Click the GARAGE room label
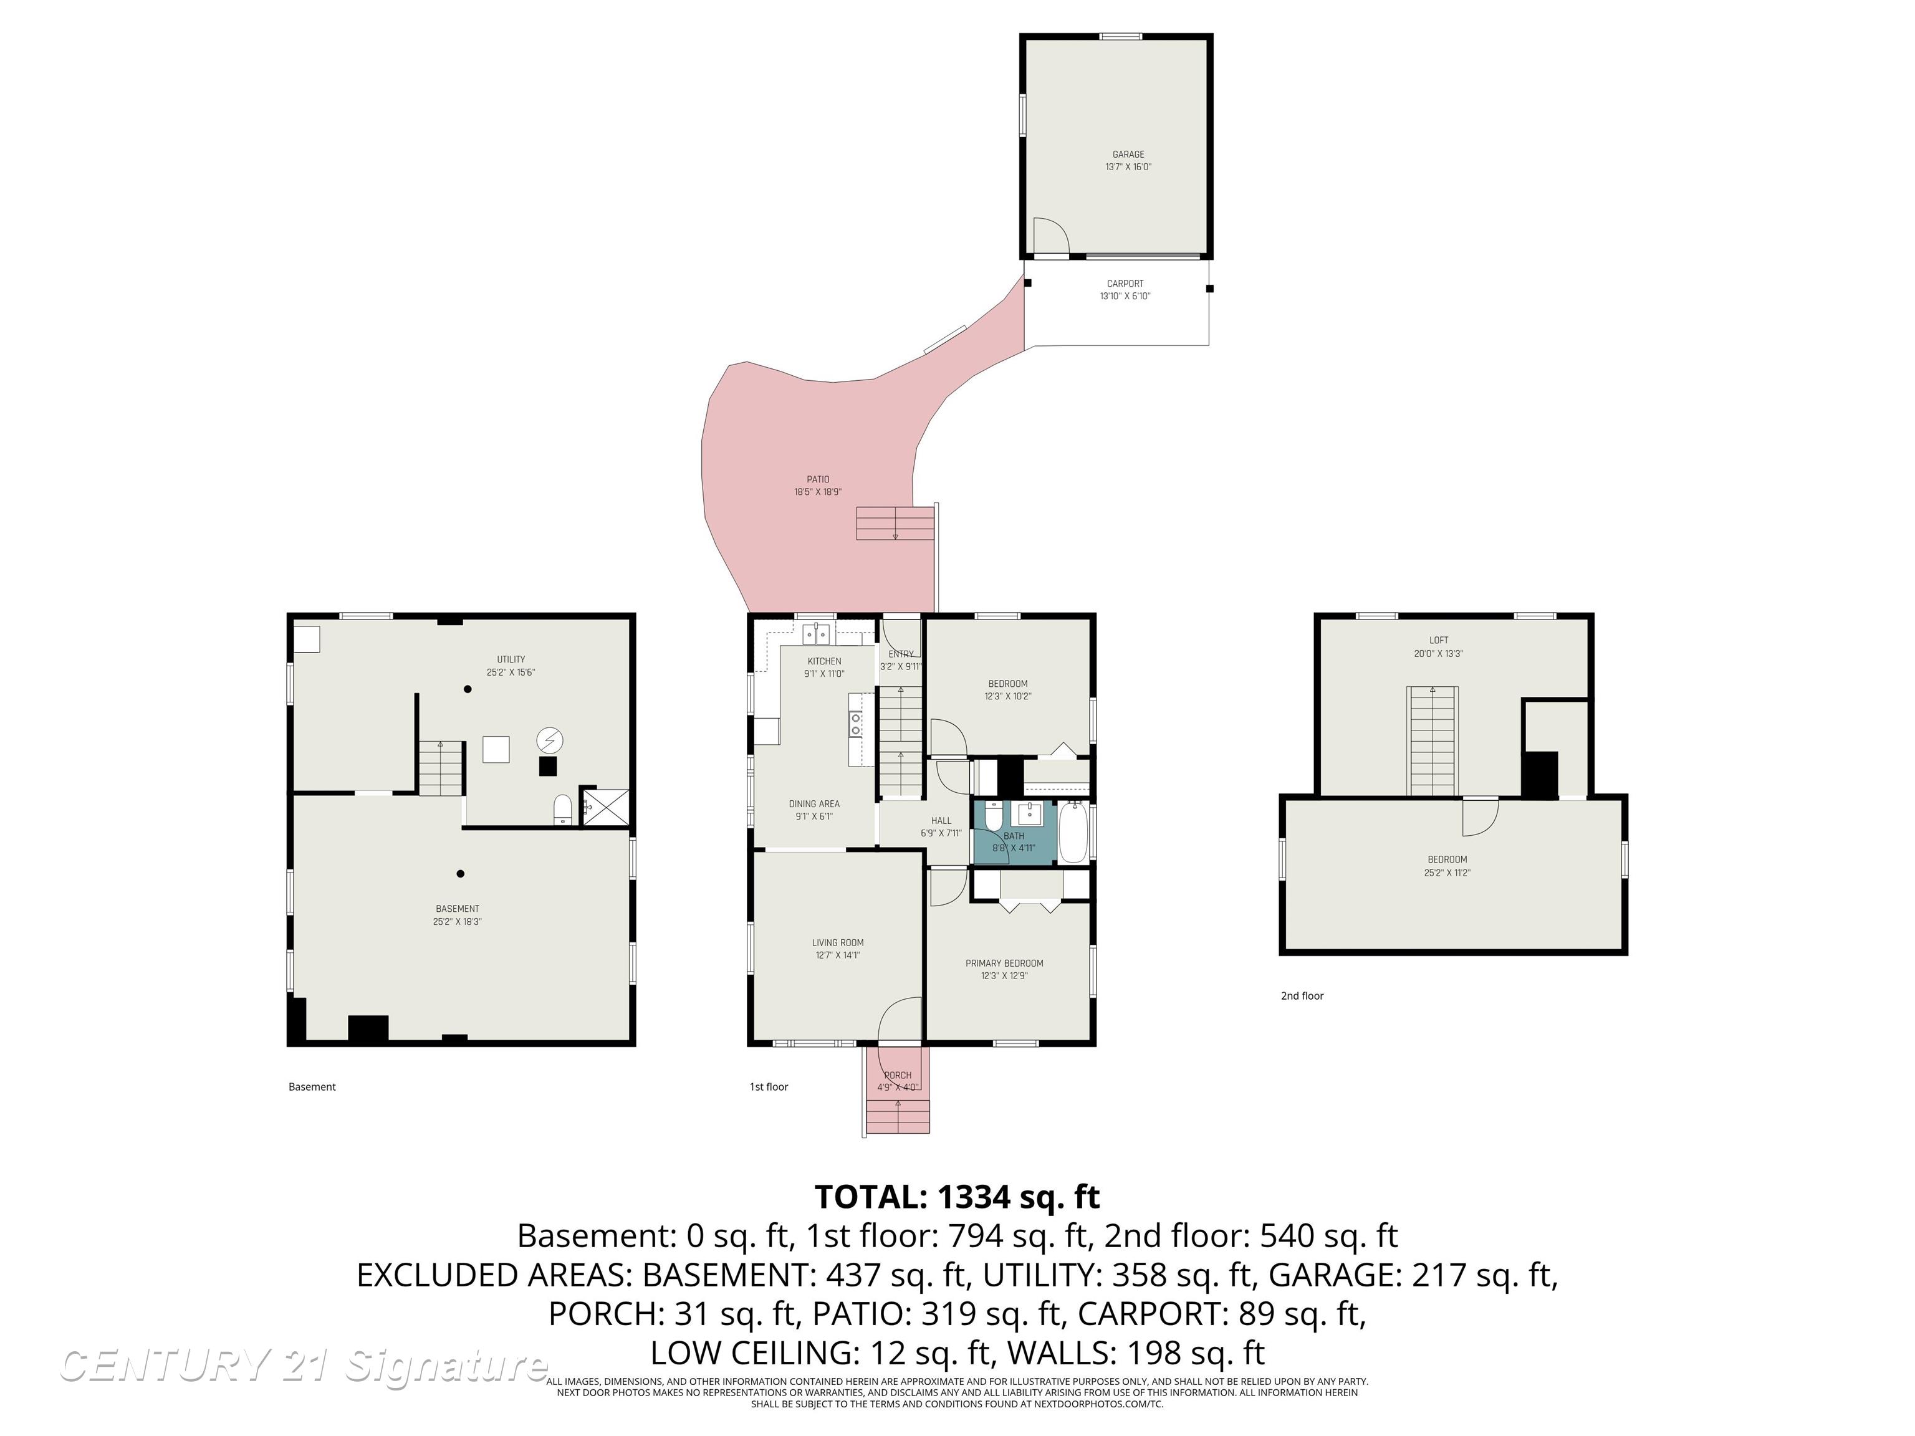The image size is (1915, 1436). [1128, 154]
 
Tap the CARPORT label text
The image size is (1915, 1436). [1125, 283]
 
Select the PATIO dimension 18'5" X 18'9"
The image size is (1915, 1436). [817, 492]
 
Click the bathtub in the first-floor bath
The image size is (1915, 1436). [1073, 832]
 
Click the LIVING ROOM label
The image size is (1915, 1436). [837, 942]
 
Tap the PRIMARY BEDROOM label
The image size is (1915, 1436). [1004, 962]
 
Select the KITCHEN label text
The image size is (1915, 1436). [823, 661]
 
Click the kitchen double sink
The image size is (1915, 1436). [815, 634]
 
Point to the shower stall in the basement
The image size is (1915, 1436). [605, 806]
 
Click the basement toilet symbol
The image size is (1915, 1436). [563, 810]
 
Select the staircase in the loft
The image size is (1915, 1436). [1432, 740]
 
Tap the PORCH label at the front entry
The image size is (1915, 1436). [898, 1075]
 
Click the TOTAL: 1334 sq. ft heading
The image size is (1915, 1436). [957, 1197]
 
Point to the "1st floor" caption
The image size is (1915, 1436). [769, 1086]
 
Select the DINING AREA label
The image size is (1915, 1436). [814, 803]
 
